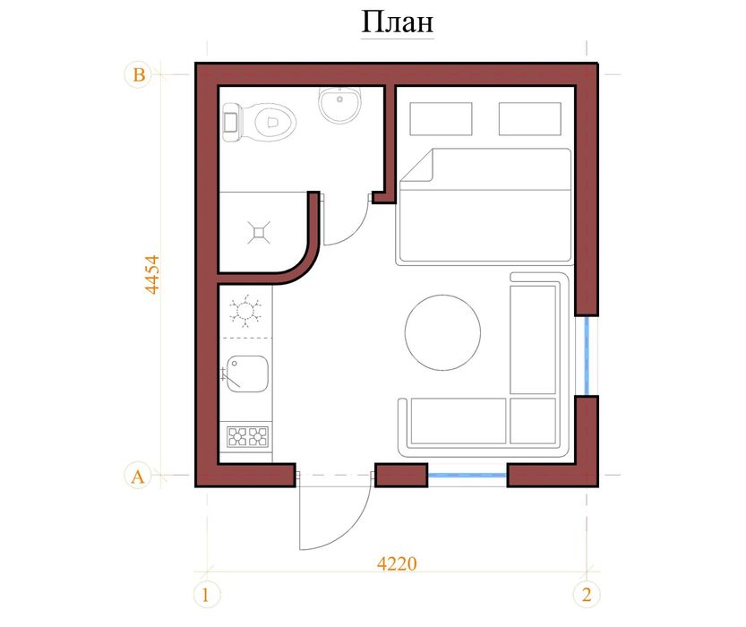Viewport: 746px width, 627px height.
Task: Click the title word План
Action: [398, 22]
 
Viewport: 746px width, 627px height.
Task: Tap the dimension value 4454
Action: [152, 274]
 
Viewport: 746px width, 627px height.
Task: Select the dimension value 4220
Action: [397, 563]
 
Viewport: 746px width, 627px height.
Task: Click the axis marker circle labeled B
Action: [139, 74]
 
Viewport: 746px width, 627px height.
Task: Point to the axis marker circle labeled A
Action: [138, 476]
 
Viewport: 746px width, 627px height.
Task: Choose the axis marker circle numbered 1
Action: [207, 595]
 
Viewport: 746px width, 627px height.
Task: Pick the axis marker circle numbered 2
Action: [587, 595]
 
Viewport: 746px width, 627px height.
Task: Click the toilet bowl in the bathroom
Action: [261, 122]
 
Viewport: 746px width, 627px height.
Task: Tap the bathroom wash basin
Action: [339, 104]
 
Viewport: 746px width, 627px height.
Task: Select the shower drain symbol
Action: [259, 232]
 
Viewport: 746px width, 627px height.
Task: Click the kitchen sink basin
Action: [247, 374]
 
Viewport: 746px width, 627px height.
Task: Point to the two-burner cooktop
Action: [248, 437]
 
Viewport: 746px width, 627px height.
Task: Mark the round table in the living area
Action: [442, 332]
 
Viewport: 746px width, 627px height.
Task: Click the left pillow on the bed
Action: [441, 118]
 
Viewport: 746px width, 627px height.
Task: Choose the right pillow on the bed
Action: [530, 118]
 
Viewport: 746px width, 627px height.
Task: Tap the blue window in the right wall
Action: [587, 356]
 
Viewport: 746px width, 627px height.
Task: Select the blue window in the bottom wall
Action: [467, 475]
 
